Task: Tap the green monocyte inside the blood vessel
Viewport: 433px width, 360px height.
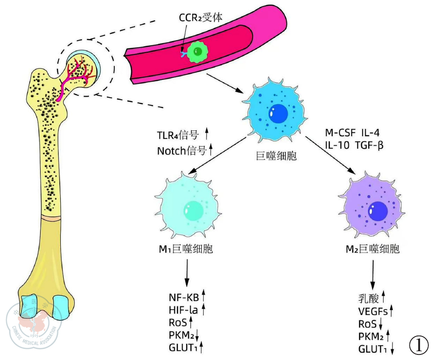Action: point(197,52)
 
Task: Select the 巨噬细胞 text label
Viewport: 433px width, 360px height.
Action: point(276,156)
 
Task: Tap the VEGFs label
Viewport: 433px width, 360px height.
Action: point(373,311)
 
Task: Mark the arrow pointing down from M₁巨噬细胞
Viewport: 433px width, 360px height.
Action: point(187,272)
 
